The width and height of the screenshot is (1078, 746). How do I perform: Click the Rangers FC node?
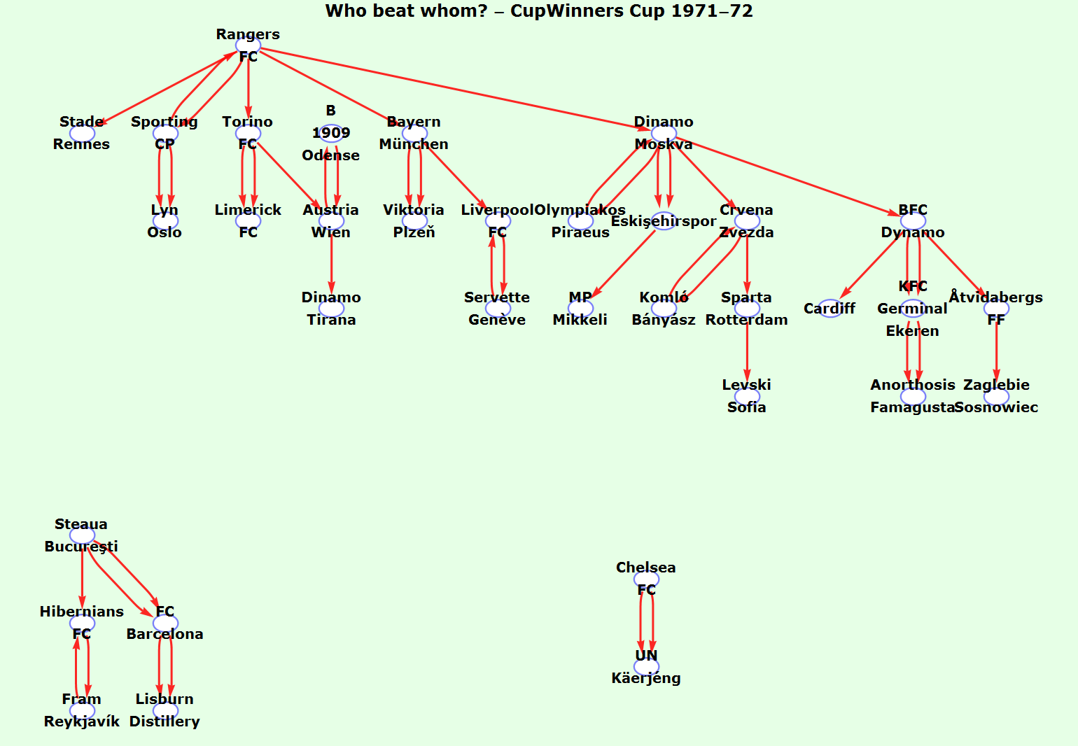(x=248, y=45)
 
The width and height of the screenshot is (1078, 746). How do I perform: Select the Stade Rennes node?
(x=82, y=133)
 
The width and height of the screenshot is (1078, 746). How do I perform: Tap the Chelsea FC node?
(x=646, y=579)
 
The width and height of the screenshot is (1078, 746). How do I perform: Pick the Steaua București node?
(x=82, y=535)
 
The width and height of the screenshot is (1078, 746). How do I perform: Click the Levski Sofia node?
(x=747, y=396)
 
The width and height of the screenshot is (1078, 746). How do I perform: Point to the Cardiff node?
(x=830, y=309)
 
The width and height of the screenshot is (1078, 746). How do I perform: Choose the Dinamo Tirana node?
(x=331, y=309)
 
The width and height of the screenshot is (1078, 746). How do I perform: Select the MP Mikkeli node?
(x=580, y=309)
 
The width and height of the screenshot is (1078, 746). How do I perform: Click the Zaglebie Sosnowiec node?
(x=996, y=396)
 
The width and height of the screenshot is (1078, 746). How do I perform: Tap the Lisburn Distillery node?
(x=165, y=710)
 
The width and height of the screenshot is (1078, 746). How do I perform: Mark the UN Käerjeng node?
(x=646, y=666)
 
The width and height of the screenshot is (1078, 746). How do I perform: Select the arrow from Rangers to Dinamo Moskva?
(x=455, y=90)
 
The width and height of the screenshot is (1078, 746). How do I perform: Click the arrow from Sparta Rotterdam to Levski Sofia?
(x=747, y=350)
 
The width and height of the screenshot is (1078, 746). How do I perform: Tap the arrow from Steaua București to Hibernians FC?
(x=82, y=577)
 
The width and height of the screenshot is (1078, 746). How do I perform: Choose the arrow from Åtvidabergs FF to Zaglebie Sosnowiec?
(x=996, y=350)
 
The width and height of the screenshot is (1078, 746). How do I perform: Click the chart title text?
(x=539, y=11)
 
